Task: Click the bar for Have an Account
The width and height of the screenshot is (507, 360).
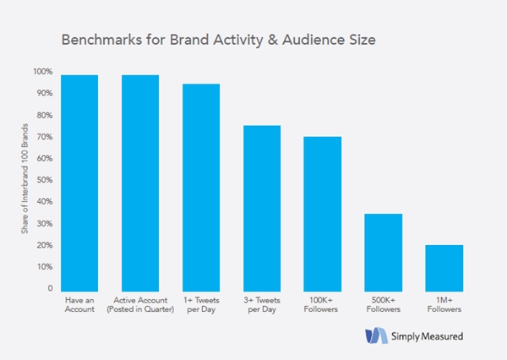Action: pos(79,183)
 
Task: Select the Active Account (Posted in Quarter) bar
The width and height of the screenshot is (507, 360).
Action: pos(140,183)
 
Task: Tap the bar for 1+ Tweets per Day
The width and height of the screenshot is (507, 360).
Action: pos(201,188)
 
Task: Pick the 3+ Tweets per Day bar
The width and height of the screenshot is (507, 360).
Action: pos(262,208)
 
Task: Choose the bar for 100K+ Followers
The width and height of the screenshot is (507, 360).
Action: pos(323,214)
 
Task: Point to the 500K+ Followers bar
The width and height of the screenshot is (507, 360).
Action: pos(384,253)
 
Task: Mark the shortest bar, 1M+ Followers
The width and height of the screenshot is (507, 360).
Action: pos(444,268)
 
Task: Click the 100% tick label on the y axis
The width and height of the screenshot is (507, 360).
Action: pos(43,72)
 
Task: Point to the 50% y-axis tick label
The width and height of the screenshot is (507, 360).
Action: pos(45,180)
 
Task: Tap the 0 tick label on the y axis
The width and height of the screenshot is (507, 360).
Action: pos(50,288)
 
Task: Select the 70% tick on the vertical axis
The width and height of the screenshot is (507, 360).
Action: pos(45,137)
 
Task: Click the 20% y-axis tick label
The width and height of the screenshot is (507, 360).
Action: pos(45,245)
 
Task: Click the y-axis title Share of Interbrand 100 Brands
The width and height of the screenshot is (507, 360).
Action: pos(25,178)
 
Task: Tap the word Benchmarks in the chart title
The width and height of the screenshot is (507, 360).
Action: pos(102,40)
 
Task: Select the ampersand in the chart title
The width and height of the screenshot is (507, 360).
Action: pos(273,40)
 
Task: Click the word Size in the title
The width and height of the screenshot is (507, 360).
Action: pos(363,40)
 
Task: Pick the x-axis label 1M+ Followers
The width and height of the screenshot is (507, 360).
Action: pos(444,305)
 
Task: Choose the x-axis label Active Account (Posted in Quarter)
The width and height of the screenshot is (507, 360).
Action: pos(140,305)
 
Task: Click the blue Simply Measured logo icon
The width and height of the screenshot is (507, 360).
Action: pos(376,335)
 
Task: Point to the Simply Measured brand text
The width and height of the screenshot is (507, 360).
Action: pos(427,336)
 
